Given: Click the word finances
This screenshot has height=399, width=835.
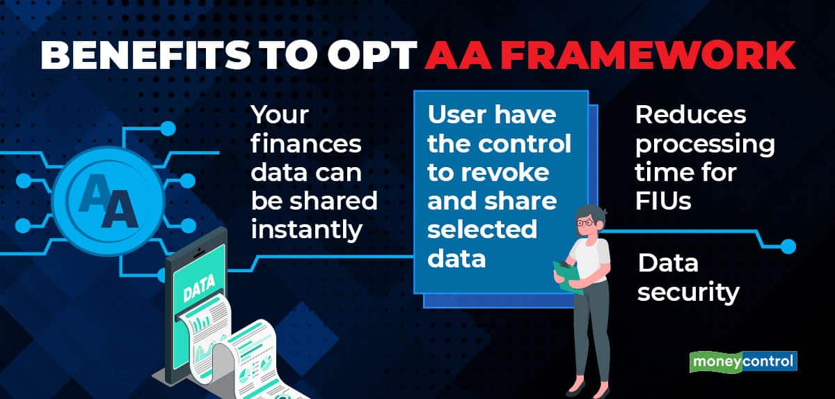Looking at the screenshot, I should click(x=306, y=144).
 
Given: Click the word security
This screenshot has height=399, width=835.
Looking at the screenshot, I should click(x=687, y=292).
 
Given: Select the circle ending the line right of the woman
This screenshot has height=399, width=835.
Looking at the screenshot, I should click(x=788, y=246).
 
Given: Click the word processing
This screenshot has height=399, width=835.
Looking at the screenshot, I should click(x=705, y=144).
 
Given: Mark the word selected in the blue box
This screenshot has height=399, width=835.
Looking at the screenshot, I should click(x=482, y=230).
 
